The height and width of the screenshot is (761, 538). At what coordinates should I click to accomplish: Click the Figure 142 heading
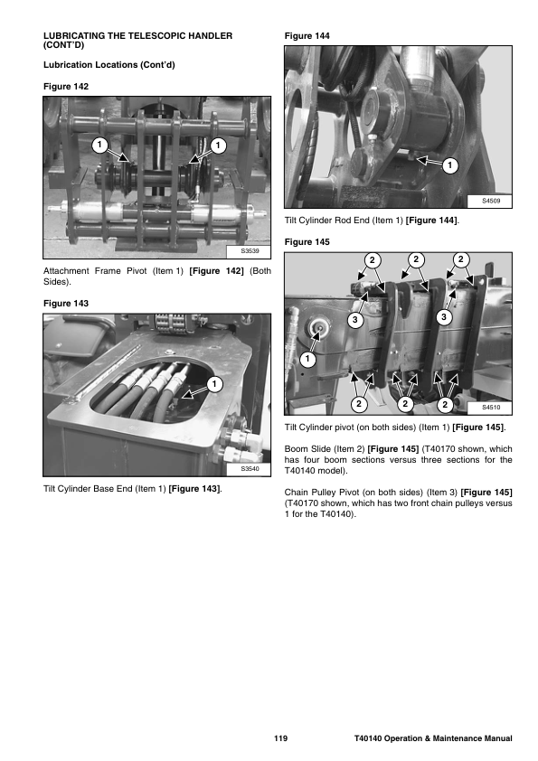66,87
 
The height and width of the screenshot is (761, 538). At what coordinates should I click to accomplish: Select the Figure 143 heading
66,304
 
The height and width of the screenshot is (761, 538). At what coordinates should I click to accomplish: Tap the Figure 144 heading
307,36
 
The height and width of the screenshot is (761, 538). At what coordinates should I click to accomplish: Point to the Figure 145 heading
307,241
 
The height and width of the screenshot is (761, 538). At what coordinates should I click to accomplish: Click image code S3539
250,251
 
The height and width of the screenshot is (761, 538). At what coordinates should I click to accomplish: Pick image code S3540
250,469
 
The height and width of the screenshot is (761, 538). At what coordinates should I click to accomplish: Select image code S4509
491,201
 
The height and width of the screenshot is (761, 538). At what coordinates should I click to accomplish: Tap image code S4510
491,408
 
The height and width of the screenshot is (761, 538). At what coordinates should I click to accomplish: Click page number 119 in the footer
280,738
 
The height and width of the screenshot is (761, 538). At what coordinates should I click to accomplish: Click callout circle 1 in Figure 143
214,384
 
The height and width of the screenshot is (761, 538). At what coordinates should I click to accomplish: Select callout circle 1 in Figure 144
449,165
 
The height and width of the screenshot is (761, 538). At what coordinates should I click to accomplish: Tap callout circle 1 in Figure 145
307,359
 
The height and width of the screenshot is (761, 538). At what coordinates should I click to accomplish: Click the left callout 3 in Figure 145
355,320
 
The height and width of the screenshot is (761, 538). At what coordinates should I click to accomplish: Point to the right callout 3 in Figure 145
444,317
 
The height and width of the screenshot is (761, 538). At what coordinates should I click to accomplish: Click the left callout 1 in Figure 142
100,145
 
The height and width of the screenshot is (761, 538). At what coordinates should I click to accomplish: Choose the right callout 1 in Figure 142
218,146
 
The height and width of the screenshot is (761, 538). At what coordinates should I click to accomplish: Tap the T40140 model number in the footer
368,738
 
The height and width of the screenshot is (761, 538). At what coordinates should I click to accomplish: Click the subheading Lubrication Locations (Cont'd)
109,65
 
